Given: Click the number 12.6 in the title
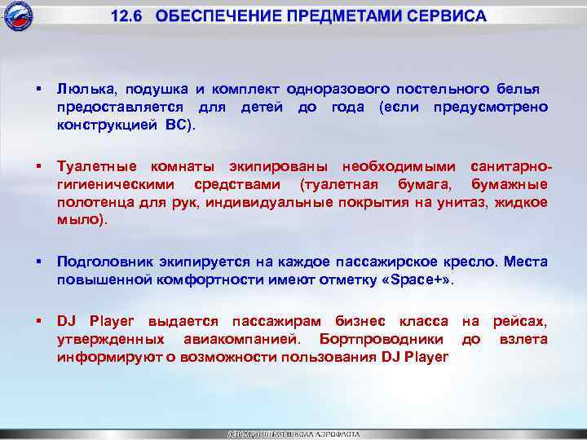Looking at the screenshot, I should point(128,16).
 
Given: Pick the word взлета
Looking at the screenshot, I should point(523,337).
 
